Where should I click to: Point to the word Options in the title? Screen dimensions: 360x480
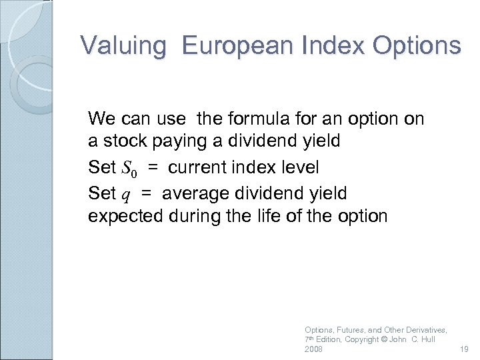click(417, 45)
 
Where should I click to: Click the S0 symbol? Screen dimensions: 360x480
click(130, 167)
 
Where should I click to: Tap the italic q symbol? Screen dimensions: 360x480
click(125, 195)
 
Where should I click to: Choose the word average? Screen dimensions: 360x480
click(190, 194)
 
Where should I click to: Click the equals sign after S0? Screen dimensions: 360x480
click(153, 167)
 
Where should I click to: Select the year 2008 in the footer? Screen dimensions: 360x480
click(313, 349)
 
